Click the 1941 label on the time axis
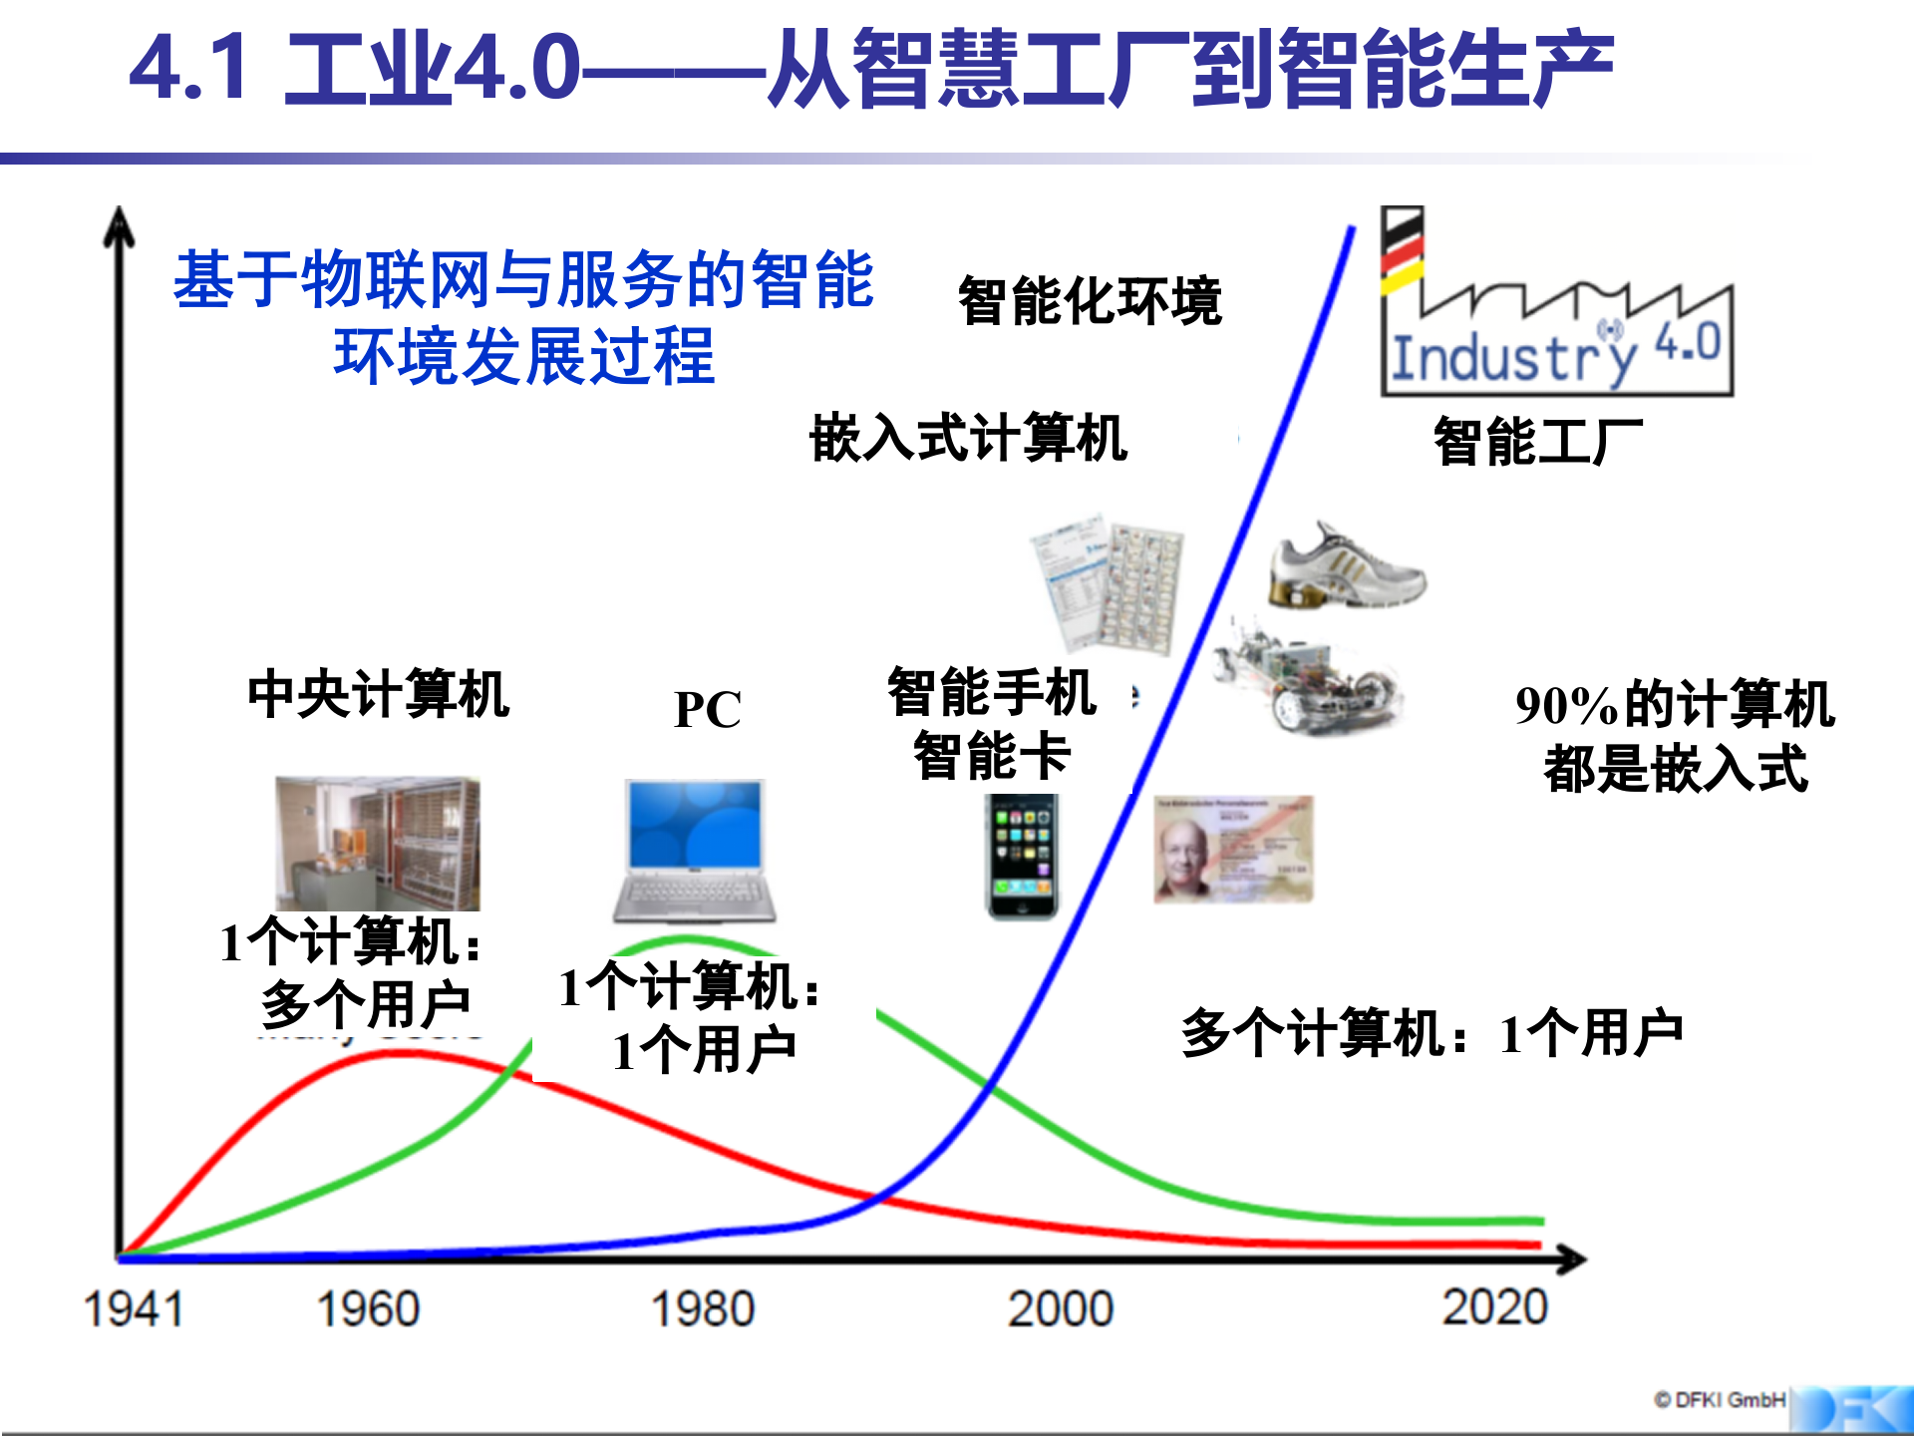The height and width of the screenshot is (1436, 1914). [x=134, y=1308]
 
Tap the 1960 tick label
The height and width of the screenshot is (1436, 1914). [x=368, y=1308]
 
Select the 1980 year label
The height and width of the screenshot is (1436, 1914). [x=703, y=1308]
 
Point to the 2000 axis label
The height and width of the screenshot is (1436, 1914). [x=1060, y=1308]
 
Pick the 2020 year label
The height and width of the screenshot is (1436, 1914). [x=1494, y=1306]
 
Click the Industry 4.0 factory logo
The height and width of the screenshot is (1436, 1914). [x=1556, y=303]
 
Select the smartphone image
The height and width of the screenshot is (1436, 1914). [x=1022, y=857]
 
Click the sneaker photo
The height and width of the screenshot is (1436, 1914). [x=1346, y=567]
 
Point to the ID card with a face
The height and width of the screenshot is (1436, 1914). [x=1233, y=850]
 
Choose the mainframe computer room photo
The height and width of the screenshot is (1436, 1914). [x=378, y=843]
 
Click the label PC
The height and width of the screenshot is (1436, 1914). [x=707, y=710]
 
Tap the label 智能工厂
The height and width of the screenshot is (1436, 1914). [x=1537, y=442]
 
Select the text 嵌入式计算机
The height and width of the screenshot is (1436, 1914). [x=968, y=438]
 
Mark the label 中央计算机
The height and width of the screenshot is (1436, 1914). [x=378, y=694]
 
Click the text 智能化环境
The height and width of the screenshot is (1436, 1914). [x=1089, y=301]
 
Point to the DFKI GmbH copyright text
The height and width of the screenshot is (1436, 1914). [x=1720, y=1400]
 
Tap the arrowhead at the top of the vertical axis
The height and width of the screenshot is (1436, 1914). [x=120, y=225]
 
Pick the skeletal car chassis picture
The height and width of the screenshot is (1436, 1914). [x=1307, y=678]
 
